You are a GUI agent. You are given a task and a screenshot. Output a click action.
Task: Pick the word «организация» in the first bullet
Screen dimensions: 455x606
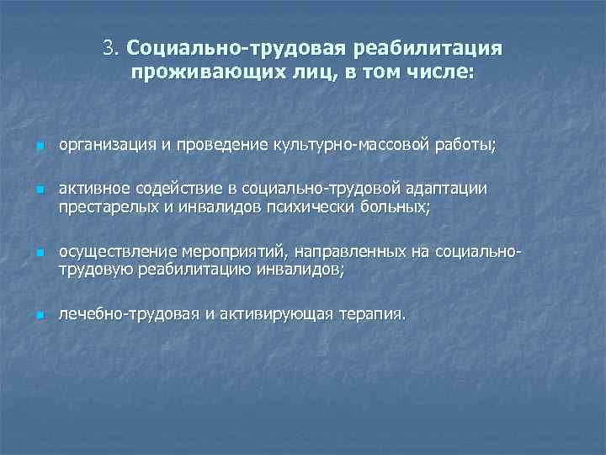[99, 147]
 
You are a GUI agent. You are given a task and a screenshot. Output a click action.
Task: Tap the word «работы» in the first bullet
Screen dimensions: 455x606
[466, 147]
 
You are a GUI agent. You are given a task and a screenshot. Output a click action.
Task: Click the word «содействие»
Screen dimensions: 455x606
[173, 188]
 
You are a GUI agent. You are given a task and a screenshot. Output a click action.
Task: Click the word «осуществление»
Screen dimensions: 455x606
[110, 251]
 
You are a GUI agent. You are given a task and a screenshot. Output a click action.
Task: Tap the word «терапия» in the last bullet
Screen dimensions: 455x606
[371, 314]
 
